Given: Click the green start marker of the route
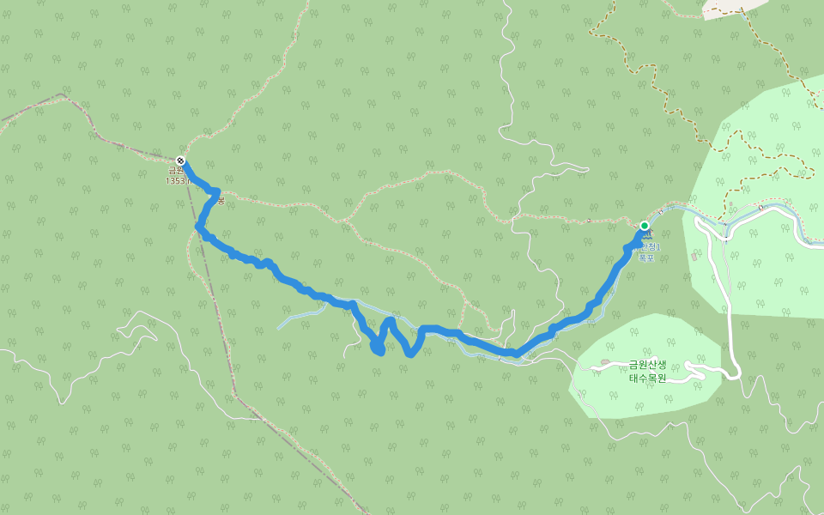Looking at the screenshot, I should click(645, 226).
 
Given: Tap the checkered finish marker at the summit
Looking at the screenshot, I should click(180, 161).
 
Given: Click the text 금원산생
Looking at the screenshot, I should click(647, 365).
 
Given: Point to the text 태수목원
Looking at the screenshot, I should click(647, 378).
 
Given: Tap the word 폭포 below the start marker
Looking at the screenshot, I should click(646, 257).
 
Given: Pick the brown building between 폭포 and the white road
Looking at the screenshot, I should click(694, 255).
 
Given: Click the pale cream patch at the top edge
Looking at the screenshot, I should click(734, 7).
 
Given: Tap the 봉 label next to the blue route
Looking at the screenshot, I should click(221, 201).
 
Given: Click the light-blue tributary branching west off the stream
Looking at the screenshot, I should click(300, 319).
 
